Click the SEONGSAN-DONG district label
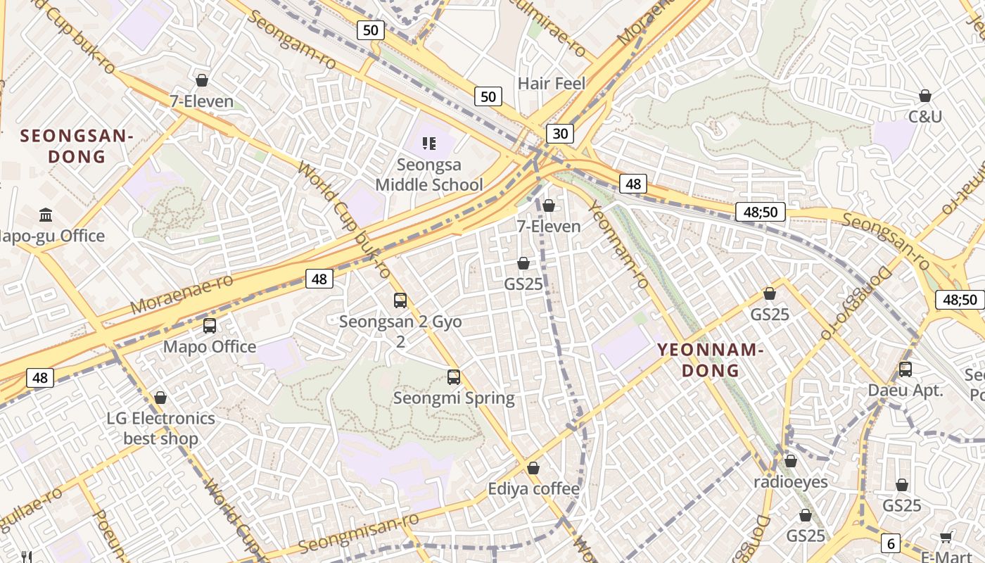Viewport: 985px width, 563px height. (x=77, y=146)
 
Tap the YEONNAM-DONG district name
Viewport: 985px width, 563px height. (x=709, y=360)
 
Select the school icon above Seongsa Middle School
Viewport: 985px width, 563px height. (x=429, y=144)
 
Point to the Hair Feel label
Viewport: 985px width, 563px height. (x=552, y=84)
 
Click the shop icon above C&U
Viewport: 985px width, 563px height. (x=925, y=96)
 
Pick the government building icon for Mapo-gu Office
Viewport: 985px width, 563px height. (x=46, y=215)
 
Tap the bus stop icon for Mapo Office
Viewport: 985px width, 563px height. (x=210, y=326)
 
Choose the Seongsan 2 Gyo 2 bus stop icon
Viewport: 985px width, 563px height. (x=400, y=301)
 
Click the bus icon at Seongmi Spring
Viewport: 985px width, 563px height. (x=454, y=377)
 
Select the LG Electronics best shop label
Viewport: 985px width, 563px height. (x=161, y=428)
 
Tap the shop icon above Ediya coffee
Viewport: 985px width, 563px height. (x=533, y=468)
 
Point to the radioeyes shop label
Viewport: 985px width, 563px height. (x=791, y=482)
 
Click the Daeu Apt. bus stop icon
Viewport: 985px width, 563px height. (x=905, y=369)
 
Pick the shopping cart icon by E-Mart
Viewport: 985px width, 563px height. (x=946, y=538)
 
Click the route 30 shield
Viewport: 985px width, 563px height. (x=559, y=134)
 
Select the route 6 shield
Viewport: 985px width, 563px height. (x=891, y=543)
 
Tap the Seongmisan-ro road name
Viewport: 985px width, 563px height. (x=359, y=533)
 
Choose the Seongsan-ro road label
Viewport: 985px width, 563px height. (x=886, y=239)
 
